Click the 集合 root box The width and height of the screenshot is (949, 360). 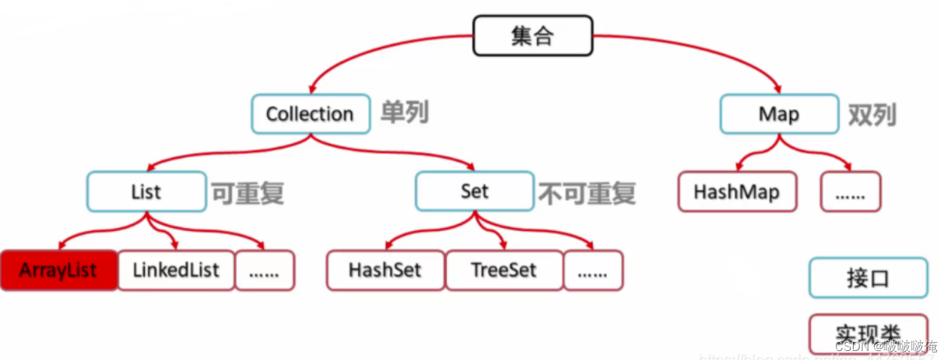pos(533,37)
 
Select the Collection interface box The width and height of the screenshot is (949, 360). pos(310,114)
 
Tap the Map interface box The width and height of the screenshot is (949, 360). pos(779,114)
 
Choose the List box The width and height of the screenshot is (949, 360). pos(146,191)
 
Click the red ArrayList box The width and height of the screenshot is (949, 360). pos(59,270)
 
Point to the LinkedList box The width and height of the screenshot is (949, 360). pos(176,270)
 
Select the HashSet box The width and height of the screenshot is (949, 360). pos(386,270)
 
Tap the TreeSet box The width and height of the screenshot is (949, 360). pos(503,270)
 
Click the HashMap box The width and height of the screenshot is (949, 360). pos(737,192)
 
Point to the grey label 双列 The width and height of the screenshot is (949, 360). pos(872,115)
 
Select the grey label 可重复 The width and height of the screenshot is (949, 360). pos(247,193)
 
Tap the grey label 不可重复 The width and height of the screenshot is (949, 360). pos(587,193)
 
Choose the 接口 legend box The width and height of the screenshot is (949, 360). pos(868,278)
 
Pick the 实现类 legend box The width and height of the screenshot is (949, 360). pos(868,332)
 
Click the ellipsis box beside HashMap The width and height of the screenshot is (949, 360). pos(850,192)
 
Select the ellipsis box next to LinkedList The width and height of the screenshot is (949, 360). pos(265,270)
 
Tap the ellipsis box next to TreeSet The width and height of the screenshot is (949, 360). pos(593,270)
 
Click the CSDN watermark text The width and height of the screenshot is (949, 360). pos(886,346)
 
